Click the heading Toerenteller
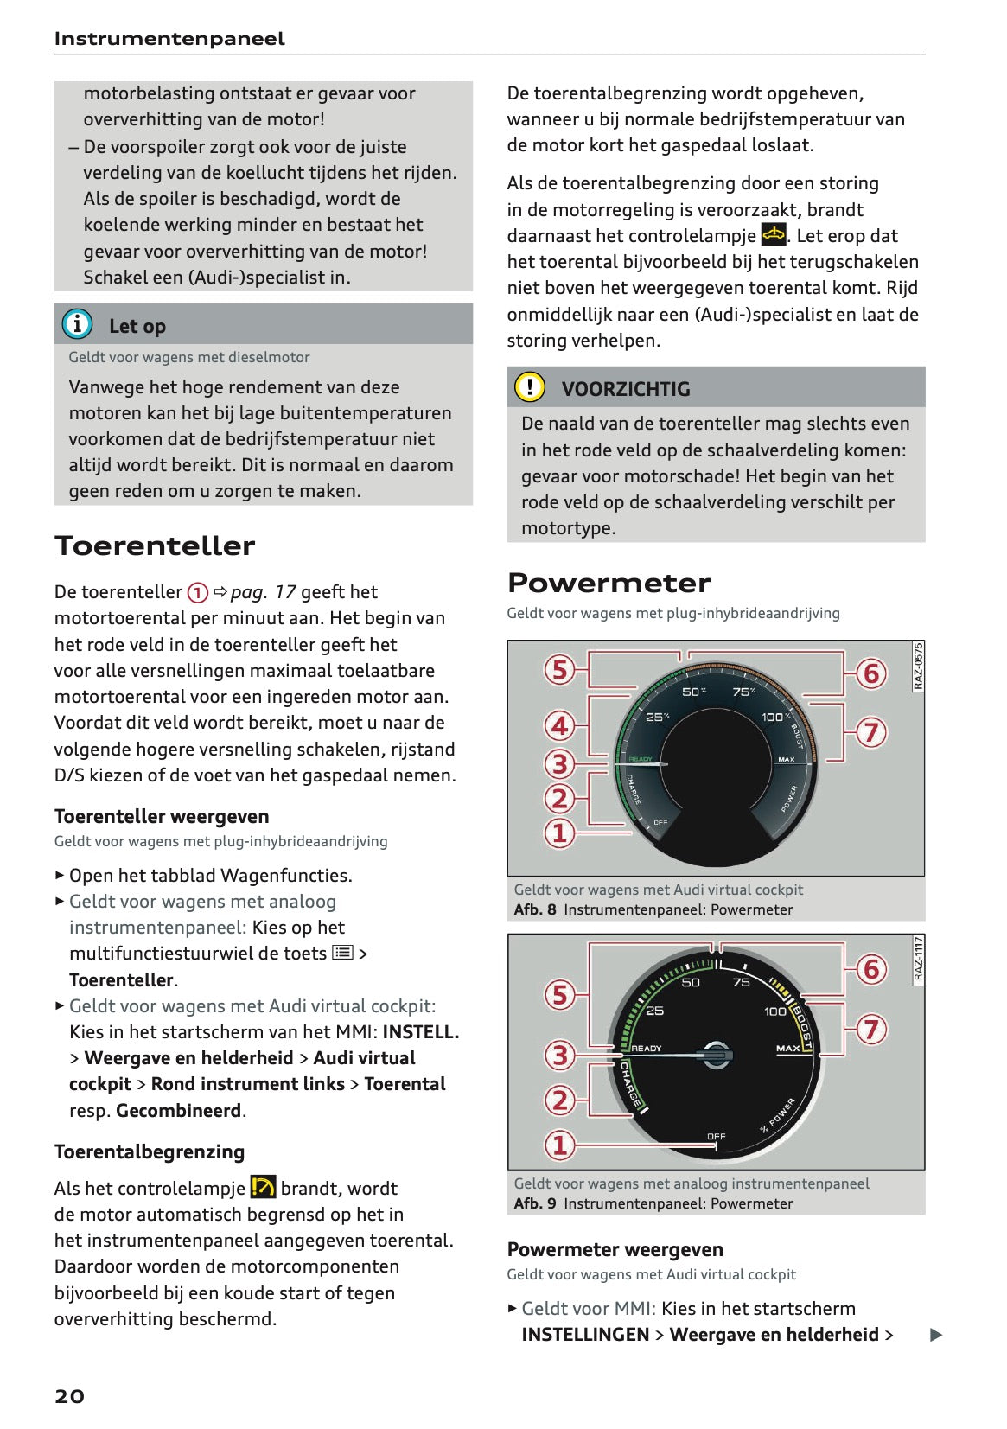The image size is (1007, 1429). coord(155,546)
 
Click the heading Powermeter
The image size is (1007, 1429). coord(609,584)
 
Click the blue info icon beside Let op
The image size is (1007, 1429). coord(77,324)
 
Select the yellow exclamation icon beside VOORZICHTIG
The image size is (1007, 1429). coord(530,386)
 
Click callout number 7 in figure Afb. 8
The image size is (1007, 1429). coord(871,732)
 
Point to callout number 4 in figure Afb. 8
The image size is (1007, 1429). coord(560,725)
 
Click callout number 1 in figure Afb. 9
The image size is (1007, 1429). coord(560,1145)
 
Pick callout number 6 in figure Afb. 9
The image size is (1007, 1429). coord(871,969)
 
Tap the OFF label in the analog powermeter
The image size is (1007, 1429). coord(717,1136)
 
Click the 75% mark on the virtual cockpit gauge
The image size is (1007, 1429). coord(743,692)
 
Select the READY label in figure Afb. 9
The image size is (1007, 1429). coord(646,1048)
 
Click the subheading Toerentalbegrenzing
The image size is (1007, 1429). coord(150,1151)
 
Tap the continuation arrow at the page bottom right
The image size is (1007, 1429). coord(935,1335)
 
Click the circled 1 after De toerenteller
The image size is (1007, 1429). coord(198,592)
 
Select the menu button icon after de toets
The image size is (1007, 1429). coord(342,953)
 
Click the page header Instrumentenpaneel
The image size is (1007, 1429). coord(169,38)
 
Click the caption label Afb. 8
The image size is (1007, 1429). coord(534,909)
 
